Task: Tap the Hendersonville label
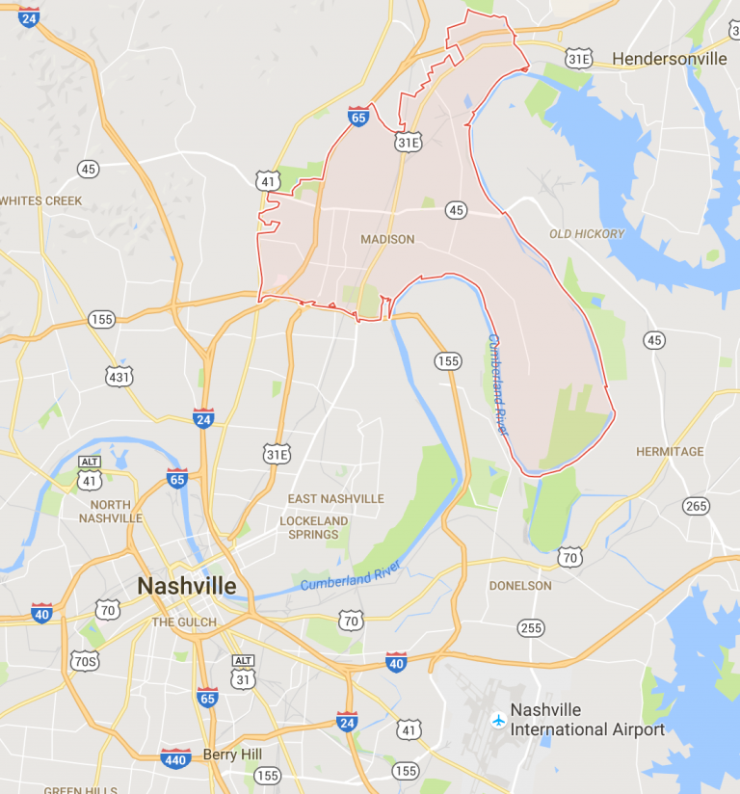(x=670, y=59)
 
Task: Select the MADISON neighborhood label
(x=387, y=239)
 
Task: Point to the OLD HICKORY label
(x=587, y=233)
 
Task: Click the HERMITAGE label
(x=670, y=451)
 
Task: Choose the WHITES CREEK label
(x=41, y=200)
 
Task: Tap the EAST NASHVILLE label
(x=335, y=498)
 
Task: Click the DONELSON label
(x=520, y=585)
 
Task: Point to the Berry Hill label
(x=234, y=754)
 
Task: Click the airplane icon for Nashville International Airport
(x=497, y=718)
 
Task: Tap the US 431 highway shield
(x=119, y=376)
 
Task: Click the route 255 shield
(x=530, y=627)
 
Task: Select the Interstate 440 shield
(x=175, y=757)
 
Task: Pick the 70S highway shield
(x=85, y=660)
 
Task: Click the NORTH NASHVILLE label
(x=116, y=511)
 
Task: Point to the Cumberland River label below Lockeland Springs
(x=349, y=576)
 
